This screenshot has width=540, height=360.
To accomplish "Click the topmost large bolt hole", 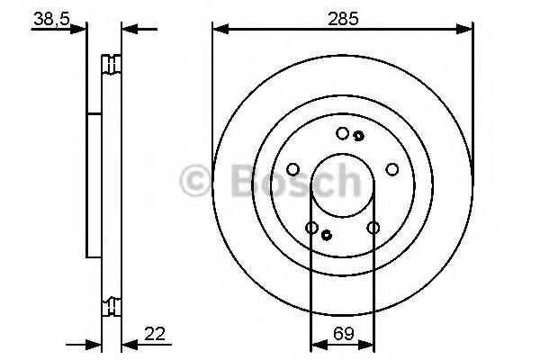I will point(342,133).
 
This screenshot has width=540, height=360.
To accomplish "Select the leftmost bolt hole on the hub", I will point(292,168).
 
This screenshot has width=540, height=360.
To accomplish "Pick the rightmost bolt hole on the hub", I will point(391,168).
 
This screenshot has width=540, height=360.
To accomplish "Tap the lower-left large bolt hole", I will point(311,229).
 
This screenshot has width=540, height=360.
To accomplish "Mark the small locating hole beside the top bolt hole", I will point(358,136).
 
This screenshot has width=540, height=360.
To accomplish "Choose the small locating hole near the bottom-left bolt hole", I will point(327,236).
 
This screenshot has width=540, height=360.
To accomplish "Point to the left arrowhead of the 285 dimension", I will point(218,31).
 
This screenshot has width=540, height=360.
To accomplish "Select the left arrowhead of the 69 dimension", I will point(316,342).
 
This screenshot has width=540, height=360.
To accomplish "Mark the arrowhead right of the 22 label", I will point(127,342).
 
